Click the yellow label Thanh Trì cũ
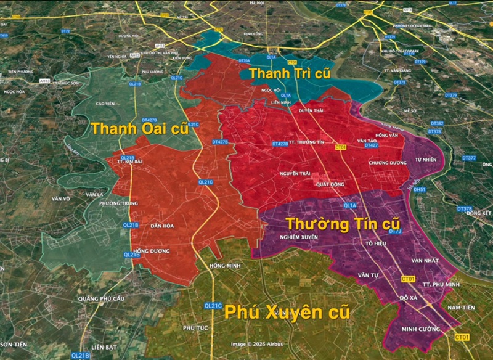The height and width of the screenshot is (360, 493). point(290,74)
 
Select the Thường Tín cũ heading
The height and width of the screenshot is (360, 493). point(343,223)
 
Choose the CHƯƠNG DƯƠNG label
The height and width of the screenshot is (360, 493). point(386,163)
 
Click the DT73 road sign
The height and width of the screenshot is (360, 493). point(395,232)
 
